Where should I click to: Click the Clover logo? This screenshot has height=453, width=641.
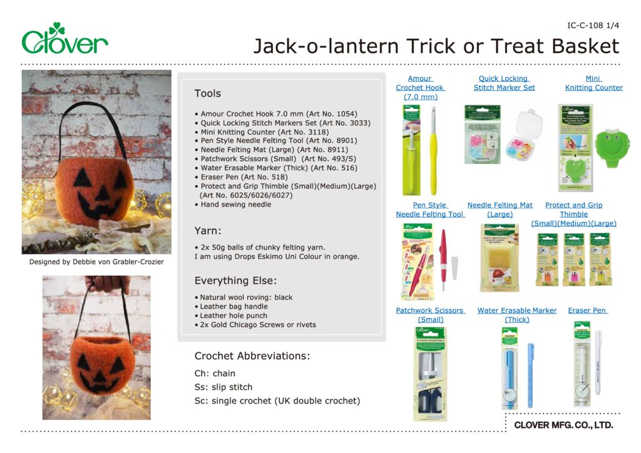click(64, 39)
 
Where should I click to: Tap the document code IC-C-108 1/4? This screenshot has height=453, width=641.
click(593, 26)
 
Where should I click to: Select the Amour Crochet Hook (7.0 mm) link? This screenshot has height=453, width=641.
click(420, 88)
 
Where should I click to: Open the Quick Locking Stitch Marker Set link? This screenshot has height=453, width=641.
click(504, 83)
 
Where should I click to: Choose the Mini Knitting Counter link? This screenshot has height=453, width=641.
click(593, 83)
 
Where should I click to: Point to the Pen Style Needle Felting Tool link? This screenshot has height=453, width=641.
click(429, 210)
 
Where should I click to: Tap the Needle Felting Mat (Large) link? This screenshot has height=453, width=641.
click(500, 210)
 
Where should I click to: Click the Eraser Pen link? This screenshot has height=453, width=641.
click(587, 310)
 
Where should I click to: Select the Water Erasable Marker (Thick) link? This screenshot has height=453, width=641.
click(517, 315)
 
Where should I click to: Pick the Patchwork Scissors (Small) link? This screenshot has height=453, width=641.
click(430, 315)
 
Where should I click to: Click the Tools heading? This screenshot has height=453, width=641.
click(207, 93)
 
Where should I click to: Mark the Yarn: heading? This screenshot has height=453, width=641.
click(208, 231)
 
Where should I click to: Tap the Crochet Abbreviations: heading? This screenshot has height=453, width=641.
click(252, 356)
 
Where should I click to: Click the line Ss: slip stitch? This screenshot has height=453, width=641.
click(223, 387)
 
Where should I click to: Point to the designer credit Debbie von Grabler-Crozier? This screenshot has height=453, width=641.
click(96, 262)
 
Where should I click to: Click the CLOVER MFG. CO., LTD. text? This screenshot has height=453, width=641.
click(563, 425)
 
